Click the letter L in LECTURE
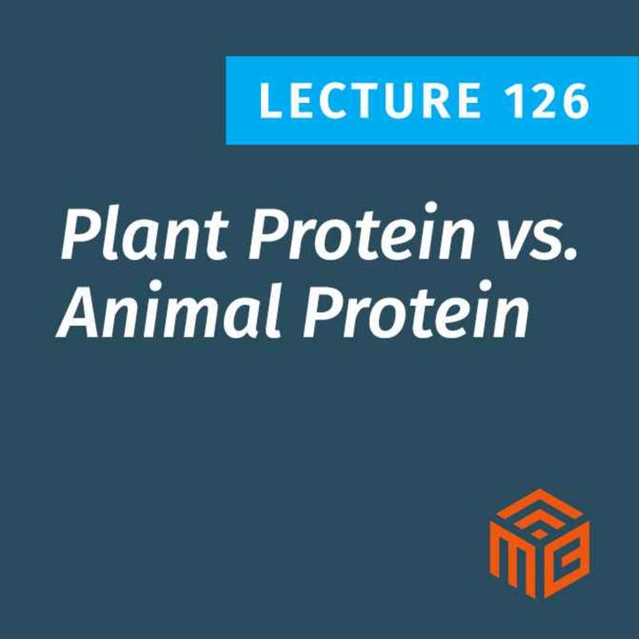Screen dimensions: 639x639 pyautogui.click(x=269, y=101)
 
